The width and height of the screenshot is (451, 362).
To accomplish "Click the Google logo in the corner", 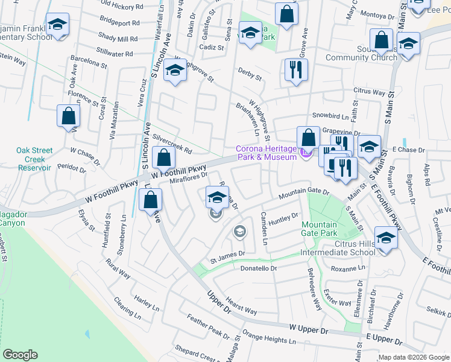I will click(x=20, y=355).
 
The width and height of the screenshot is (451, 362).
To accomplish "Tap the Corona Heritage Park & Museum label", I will click(x=266, y=153).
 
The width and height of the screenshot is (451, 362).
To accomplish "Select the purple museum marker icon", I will click(x=306, y=154).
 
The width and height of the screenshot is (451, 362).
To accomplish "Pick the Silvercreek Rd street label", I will click(x=172, y=144).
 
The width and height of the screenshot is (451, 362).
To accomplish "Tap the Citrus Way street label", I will click(x=369, y=92).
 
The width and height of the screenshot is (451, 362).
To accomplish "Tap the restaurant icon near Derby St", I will click(x=296, y=70).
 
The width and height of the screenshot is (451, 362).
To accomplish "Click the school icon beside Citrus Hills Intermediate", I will click(x=386, y=238).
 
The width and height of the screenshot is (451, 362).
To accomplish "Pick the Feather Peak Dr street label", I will click(x=205, y=326).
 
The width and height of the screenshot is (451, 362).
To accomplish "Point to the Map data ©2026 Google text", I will click(x=414, y=357).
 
